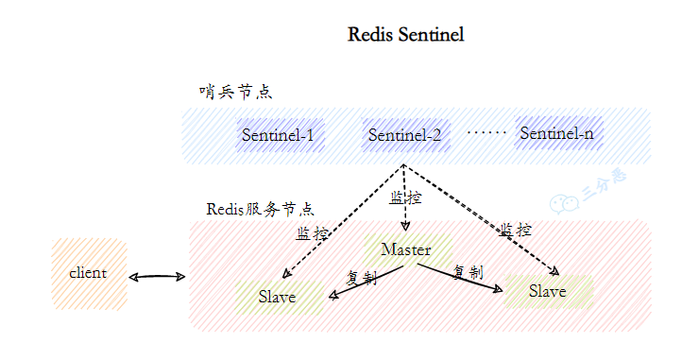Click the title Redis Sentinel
[405, 35]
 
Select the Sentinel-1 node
[277, 135]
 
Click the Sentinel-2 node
[404, 135]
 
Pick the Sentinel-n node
[556, 134]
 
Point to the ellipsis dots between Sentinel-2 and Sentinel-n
[486, 132]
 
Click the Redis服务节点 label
[260, 209]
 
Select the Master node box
[406, 250]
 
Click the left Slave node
[277, 297]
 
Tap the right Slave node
[548, 291]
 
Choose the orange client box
[88, 273]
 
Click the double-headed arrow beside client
[157, 277]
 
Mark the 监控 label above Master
[405, 198]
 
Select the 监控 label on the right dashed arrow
[516, 230]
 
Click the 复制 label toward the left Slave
[362, 278]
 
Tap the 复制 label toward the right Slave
[469, 272]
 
